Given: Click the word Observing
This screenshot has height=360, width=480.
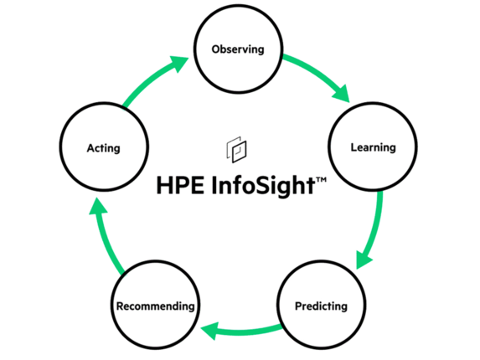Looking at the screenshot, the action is click(x=238, y=49).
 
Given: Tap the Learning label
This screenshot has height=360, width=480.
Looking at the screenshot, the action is click(x=373, y=147).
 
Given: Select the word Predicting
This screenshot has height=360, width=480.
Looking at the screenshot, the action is click(x=321, y=306).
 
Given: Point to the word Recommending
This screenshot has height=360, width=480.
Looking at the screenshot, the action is click(x=156, y=306).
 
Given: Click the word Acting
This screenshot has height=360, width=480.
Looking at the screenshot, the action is click(x=104, y=148).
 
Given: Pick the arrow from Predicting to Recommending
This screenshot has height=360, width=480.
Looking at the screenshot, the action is click(x=242, y=332).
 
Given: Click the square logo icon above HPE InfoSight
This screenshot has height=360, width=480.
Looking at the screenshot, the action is click(x=236, y=150).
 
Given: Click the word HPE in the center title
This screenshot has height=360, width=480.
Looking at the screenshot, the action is click(x=180, y=185).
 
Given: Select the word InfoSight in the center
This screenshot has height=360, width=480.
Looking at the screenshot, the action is click(x=263, y=186).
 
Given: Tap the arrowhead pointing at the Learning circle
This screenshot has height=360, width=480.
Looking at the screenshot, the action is click(x=342, y=94).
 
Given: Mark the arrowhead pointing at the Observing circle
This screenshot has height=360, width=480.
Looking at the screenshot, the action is click(x=178, y=64).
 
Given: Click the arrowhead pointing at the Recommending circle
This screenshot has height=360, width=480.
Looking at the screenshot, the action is click(x=209, y=331).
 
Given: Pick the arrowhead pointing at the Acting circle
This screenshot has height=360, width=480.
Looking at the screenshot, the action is click(x=97, y=206).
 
